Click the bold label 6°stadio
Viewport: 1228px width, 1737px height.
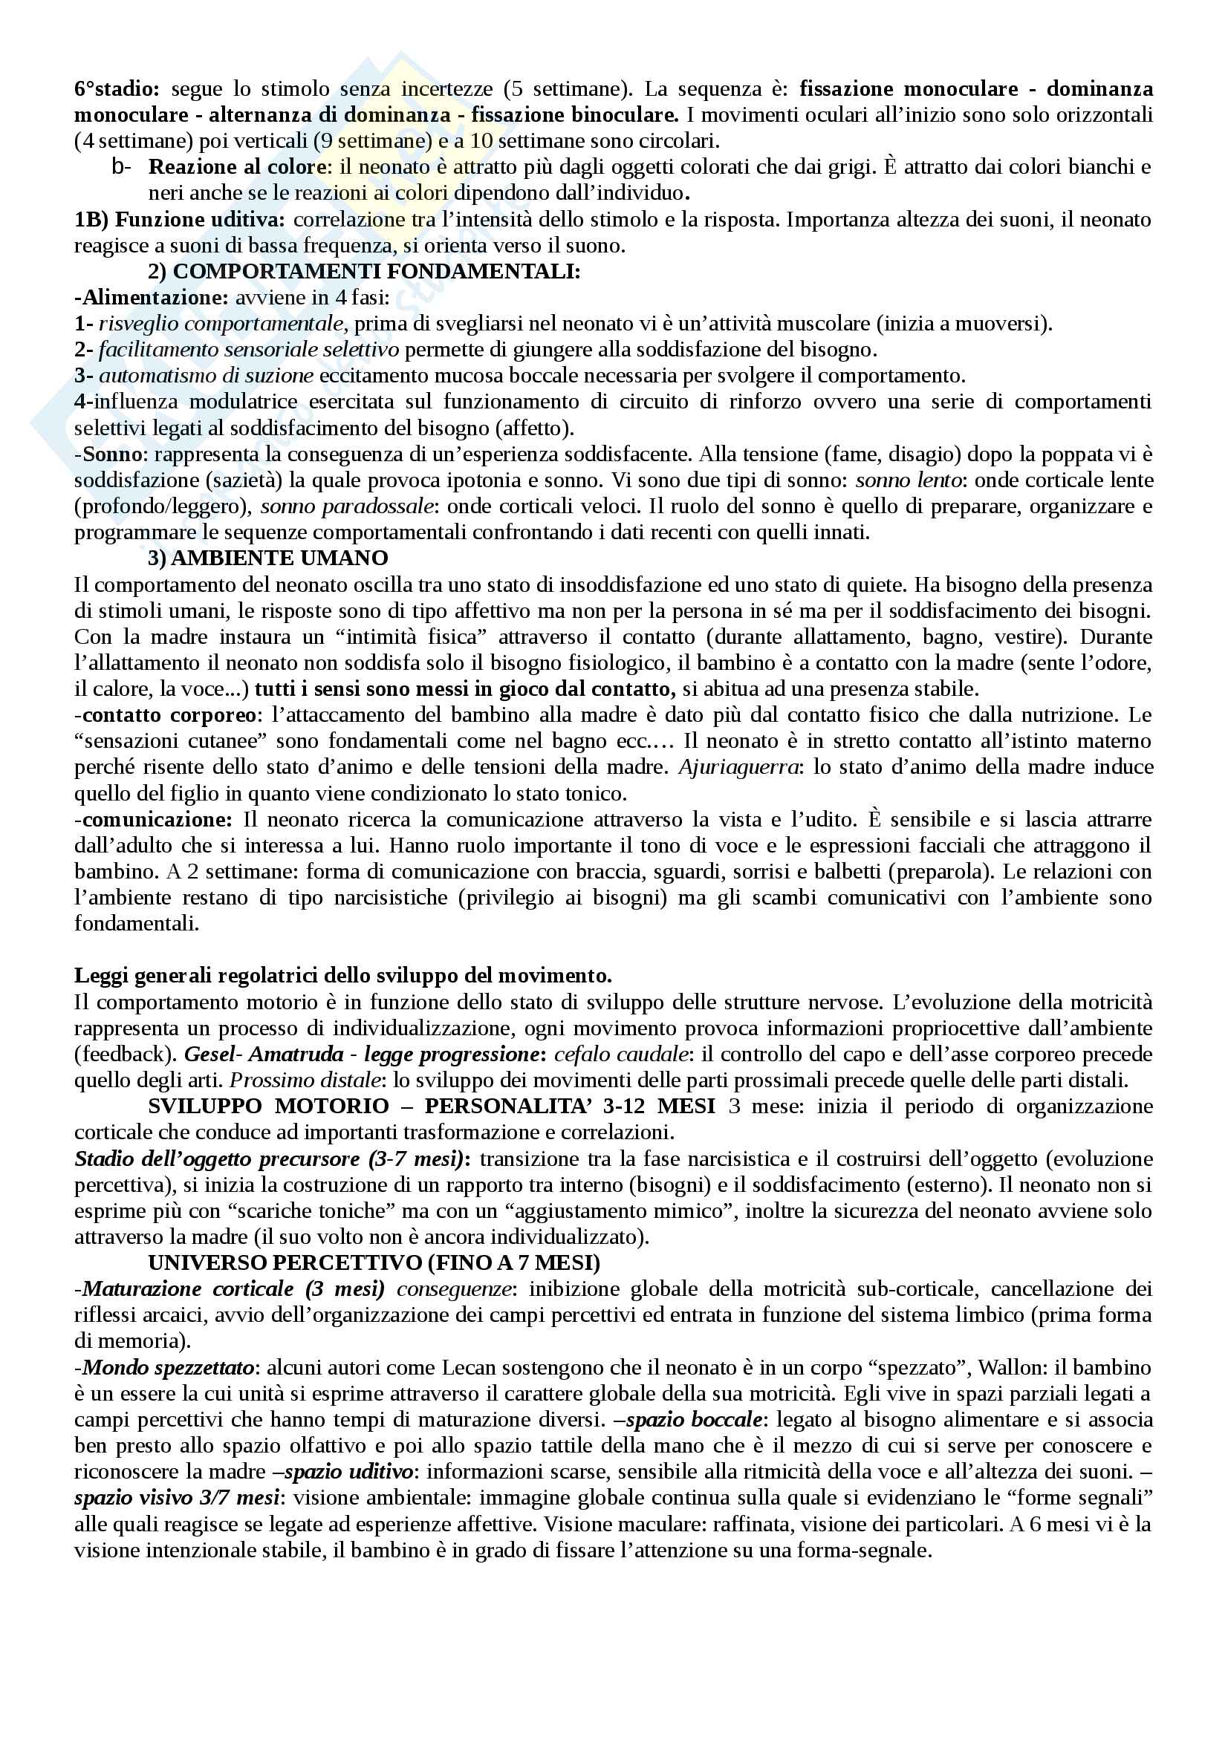[117, 89]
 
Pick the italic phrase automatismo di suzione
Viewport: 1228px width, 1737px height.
[206, 376]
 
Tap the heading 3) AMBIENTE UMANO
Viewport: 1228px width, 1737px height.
[268, 558]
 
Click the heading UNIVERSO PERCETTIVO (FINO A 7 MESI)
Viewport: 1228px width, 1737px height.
[374, 1262]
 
